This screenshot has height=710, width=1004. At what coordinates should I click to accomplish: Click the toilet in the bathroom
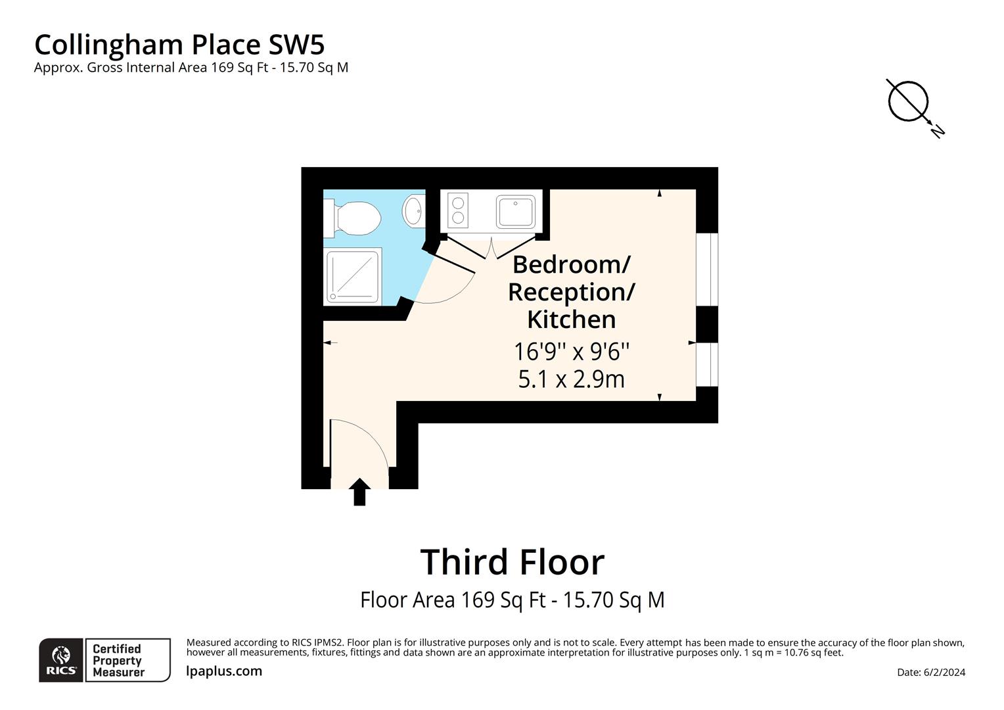click(355, 216)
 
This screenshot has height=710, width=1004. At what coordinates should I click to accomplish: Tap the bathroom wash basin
click(414, 210)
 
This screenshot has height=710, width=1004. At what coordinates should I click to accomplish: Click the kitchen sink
click(516, 210)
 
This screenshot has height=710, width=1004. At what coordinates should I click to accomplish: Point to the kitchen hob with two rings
click(458, 210)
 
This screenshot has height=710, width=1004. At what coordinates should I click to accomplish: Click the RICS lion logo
click(61, 659)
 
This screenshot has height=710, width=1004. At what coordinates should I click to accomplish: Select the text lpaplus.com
click(224, 671)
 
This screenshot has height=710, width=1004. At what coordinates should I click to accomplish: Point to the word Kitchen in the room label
click(572, 319)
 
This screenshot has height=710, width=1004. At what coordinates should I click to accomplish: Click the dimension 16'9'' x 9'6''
click(572, 352)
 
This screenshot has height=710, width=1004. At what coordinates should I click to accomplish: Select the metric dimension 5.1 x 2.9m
click(572, 379)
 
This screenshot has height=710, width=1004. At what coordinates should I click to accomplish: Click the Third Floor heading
click(512, 562)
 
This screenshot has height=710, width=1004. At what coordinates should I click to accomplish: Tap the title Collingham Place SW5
click(179, 45)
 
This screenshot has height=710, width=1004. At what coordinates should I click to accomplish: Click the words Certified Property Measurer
click(118, 660)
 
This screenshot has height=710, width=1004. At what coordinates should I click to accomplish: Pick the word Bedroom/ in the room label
click(572, 264)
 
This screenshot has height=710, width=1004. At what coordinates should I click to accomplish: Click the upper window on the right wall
click(707, 269)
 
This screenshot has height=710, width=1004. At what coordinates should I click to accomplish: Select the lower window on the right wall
click(707, 364)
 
